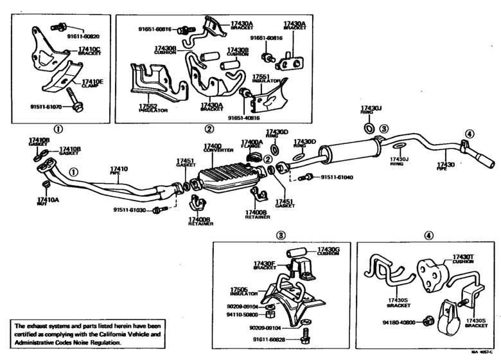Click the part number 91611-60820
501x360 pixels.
pos(84,37)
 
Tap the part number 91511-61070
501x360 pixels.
pos(45,107)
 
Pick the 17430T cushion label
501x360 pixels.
pos(462,257)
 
